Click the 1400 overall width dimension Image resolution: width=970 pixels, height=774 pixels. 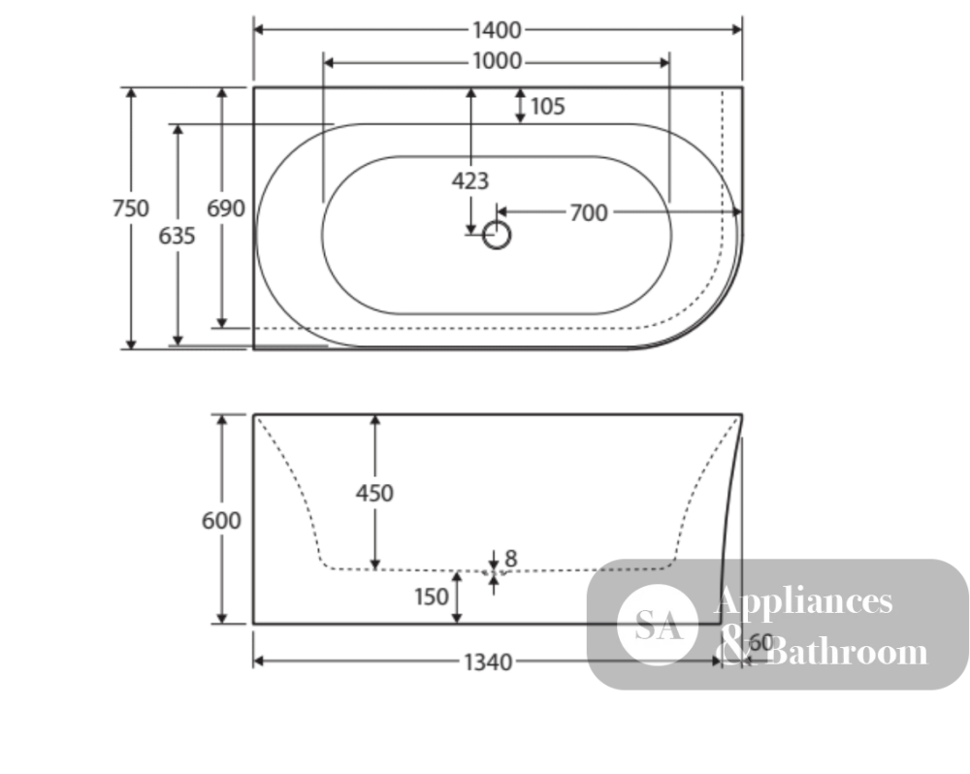point(497,30)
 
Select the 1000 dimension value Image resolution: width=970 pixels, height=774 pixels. point(497,61)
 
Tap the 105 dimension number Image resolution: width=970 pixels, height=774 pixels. point(547,107)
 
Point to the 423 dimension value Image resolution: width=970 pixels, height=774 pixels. point(470,181)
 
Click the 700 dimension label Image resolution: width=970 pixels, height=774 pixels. point(589,212)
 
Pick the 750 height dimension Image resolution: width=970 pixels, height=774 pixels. point(131,209)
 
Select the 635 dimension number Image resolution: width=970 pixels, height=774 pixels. point(177,236)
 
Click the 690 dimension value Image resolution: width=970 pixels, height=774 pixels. point(225,209)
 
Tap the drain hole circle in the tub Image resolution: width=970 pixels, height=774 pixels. point(496,235)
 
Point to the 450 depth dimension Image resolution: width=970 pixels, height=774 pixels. point(374,493)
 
